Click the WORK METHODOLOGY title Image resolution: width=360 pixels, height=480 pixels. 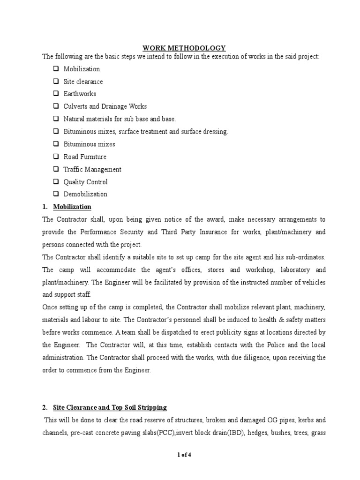click(x=184, y=48)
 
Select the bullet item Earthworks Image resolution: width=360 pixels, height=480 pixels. click(x=80, y=94)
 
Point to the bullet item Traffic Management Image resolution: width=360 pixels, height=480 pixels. click(x=92, y=169)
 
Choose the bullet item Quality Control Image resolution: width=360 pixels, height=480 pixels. click(x=85, y=182)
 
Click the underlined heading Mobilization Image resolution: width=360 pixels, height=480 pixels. click(x=72, y=207)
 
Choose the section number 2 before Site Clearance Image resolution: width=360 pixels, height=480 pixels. click(x=45, y=407)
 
